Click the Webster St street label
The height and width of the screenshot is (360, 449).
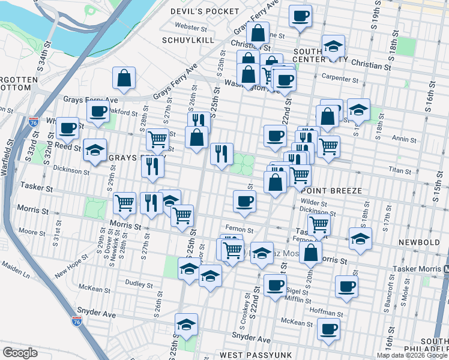pyautogui.click(x=191, y=26)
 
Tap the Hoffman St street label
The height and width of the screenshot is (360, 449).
pyautogui.click(x=327, y=313)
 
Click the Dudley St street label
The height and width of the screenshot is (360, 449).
pyautogui.click(x=139, y=281)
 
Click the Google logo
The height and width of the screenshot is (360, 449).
pyautogui.click(x=20, y=353)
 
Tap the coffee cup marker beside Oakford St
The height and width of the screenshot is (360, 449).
pyautogui.click(x=98, y=110)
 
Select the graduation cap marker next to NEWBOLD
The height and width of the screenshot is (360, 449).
pyautogui.click(x=360, y=238)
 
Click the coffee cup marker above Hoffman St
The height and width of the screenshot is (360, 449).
pyautogui.click(x=346, y=286)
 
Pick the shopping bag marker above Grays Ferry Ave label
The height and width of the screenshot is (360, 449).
pyautogui.click(x=124, y=77)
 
